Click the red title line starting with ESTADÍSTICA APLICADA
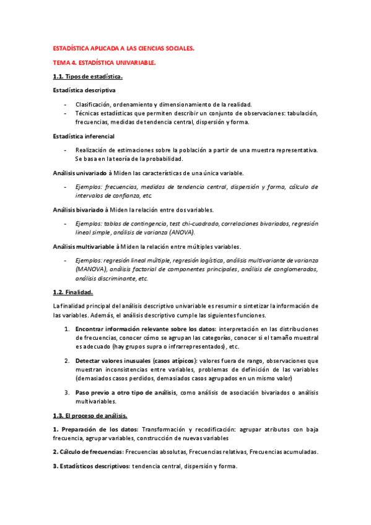click(123, 48)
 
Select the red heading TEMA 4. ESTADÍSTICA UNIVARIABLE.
click(104, 63)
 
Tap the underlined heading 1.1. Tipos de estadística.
click(87, 77)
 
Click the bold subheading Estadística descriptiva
click(84, 90)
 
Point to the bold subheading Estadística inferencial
click(84, 136)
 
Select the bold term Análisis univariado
click(80, 173)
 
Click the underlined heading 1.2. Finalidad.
click(73, 292)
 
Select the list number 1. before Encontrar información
click(67, 328)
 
